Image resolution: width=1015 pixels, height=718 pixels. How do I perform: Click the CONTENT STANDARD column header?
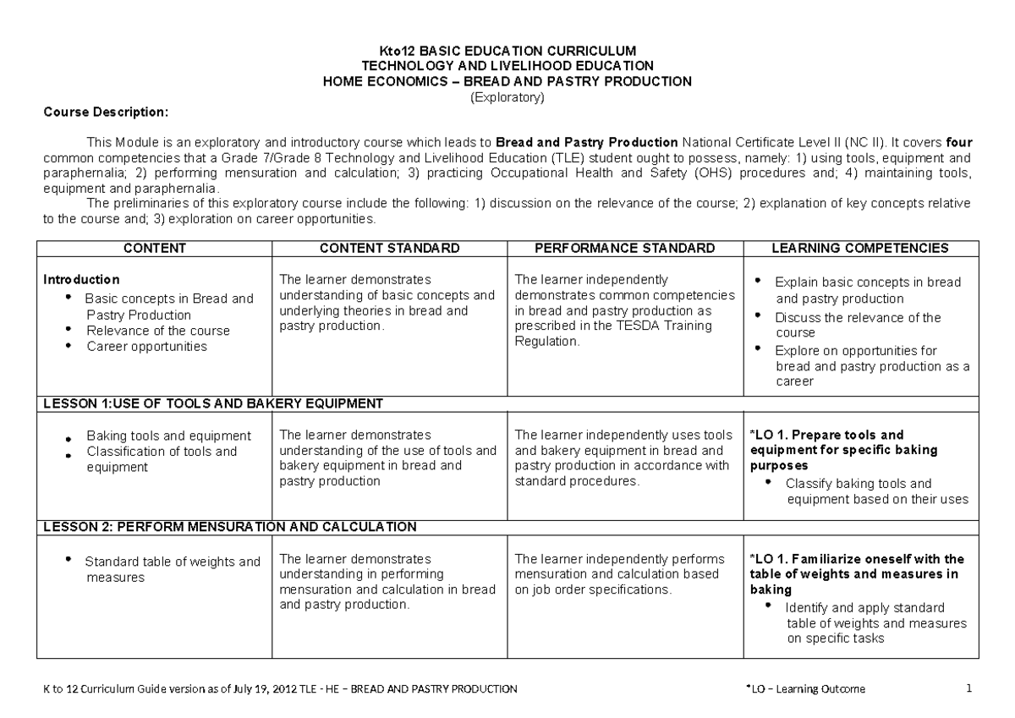389,248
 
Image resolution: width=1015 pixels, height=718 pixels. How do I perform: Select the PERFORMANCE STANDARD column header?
624,248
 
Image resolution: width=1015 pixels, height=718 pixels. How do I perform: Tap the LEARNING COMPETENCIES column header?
860,248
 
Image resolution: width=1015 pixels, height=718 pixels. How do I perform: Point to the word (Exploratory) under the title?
507,97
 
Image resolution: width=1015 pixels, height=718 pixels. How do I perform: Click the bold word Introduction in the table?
81,279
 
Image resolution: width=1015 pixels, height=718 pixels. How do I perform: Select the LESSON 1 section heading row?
213,403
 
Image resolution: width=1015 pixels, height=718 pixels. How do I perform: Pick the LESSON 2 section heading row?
230,527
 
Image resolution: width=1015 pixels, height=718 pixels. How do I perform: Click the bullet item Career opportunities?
145,347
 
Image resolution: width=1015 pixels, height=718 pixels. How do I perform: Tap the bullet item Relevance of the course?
157,331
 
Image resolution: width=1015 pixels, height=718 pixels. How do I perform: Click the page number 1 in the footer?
968,688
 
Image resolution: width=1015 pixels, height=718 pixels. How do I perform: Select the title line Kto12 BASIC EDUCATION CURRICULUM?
507,51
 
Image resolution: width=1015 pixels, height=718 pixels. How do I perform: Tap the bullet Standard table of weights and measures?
172,568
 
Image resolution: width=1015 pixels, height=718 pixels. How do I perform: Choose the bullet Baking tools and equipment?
168,436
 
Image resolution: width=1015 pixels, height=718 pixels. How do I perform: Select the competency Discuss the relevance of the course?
857,325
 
